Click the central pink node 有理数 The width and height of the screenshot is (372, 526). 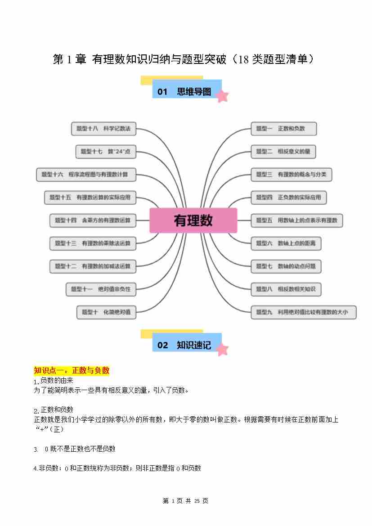(x=193, y=220)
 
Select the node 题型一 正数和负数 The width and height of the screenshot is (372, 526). (x=283, y=129)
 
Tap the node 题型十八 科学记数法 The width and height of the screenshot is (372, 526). (x=103, y=129)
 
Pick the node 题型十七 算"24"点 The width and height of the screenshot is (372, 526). (x=106, y=152)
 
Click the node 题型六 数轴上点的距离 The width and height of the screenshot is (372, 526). (x=286, y=243)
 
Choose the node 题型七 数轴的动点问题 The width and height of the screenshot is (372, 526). (x=286, y=266)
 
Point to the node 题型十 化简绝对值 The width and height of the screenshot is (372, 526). (x=106, y=312)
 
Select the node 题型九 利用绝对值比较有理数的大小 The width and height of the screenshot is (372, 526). (x=303, y=312)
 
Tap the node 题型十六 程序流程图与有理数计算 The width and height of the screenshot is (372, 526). (x=85, y=175)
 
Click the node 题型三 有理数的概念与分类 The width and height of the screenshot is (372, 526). (x=291, y=175)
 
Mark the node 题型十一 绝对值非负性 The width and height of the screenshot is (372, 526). (x=101, y=289)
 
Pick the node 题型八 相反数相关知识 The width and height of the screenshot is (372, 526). (x=286, y=289)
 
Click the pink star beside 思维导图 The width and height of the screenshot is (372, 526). (x=222, y=96)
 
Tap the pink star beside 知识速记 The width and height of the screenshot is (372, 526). (x=222, y=349)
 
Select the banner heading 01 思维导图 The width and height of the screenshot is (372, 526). (x=184, y=92)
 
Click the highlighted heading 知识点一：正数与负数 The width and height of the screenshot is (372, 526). (x=72, y=371)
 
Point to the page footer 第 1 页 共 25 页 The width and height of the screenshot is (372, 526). (x=185, y=501)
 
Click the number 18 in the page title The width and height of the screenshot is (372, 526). (x=243, y=59)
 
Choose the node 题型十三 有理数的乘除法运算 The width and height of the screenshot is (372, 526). (x=93, y=243)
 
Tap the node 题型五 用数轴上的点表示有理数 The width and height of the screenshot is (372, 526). (x=296, y=220)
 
